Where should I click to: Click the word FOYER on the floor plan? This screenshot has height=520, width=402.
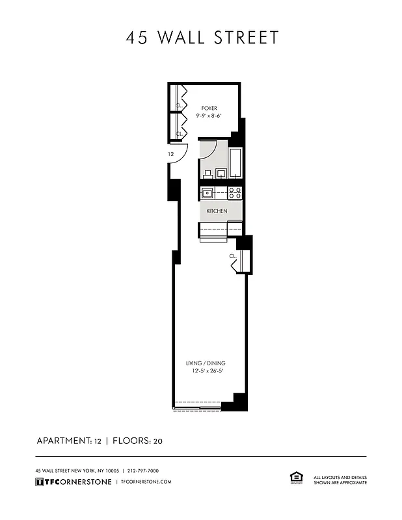[x=209, y=108]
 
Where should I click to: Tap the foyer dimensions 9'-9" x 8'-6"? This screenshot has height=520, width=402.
[x=209, y=116]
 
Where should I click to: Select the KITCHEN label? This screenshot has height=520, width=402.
[x=217, y=212]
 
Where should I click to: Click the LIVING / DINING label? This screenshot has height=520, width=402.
[x=206, y=363]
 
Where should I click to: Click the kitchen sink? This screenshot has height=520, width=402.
[x=208, y=192]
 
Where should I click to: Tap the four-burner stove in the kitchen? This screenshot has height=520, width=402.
[x=235, y=192]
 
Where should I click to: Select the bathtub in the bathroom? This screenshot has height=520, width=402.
[x=235, y=162]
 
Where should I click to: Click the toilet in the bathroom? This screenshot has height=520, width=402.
[x=208, y=174]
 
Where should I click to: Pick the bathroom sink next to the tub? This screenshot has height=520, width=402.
[x=221, y=173]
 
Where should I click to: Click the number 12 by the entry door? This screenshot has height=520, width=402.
[x=170, y=155]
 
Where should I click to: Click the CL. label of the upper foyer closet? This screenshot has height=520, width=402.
[x=178, y=104]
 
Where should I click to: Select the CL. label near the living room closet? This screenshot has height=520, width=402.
[x=232, y=257]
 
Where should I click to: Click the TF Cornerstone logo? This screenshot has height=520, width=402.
[x=72, y=482]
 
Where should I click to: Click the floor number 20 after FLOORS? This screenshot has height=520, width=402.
[x=157, y=441]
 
